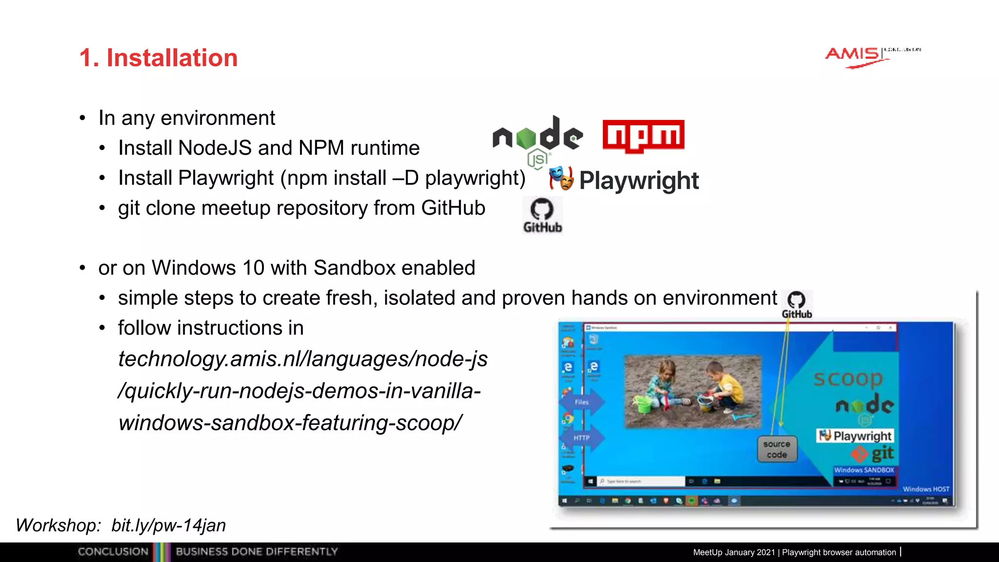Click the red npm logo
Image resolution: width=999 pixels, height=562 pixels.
[643, 136]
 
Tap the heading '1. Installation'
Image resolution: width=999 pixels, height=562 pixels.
[158, 58]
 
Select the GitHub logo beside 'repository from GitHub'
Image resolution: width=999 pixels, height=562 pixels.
[542, 215]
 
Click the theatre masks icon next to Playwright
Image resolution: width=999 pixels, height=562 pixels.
[561, 179]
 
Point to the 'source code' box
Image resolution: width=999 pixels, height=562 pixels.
[777, 449]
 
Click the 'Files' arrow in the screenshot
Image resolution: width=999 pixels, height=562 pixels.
[582, 402]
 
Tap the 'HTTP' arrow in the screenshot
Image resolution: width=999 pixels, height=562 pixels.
[582, 438]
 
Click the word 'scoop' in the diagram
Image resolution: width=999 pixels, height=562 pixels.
[848, 378]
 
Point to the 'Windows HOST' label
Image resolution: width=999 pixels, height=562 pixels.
[925, 489]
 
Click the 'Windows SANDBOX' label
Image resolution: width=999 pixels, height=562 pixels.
[863, 470]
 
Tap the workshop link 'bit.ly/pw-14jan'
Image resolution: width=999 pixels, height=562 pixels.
[168, 525]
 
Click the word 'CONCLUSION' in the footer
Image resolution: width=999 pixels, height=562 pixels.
[113, 552]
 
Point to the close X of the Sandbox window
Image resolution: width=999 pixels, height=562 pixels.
[890, 328]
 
